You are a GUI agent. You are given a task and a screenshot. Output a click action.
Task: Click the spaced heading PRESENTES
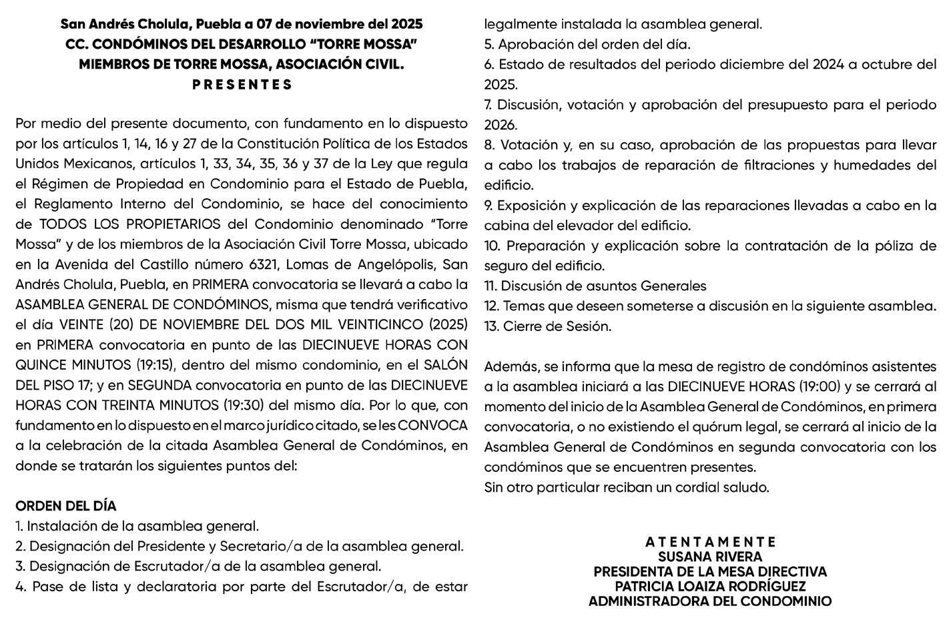click(x=242, y=85)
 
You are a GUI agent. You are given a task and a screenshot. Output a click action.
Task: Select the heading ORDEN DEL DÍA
click(x=65, y=506)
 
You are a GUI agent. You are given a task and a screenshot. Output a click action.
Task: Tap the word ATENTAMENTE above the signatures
click(x=710, y=541)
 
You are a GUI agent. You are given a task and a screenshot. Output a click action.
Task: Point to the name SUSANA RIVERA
click(x=710, y=557)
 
